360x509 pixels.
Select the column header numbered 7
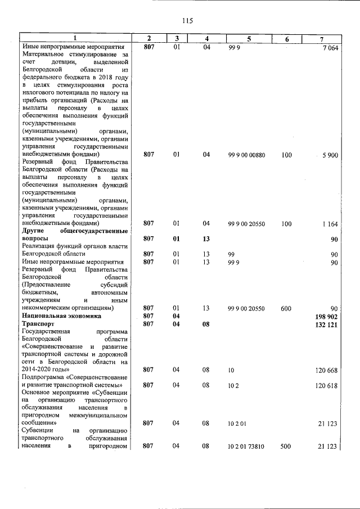click(321, 38)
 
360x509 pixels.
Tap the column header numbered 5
click(248, 38)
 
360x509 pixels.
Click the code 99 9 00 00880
click(246, 154)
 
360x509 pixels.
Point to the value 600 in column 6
click(286, 308)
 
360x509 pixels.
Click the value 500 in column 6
click(286, 446)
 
